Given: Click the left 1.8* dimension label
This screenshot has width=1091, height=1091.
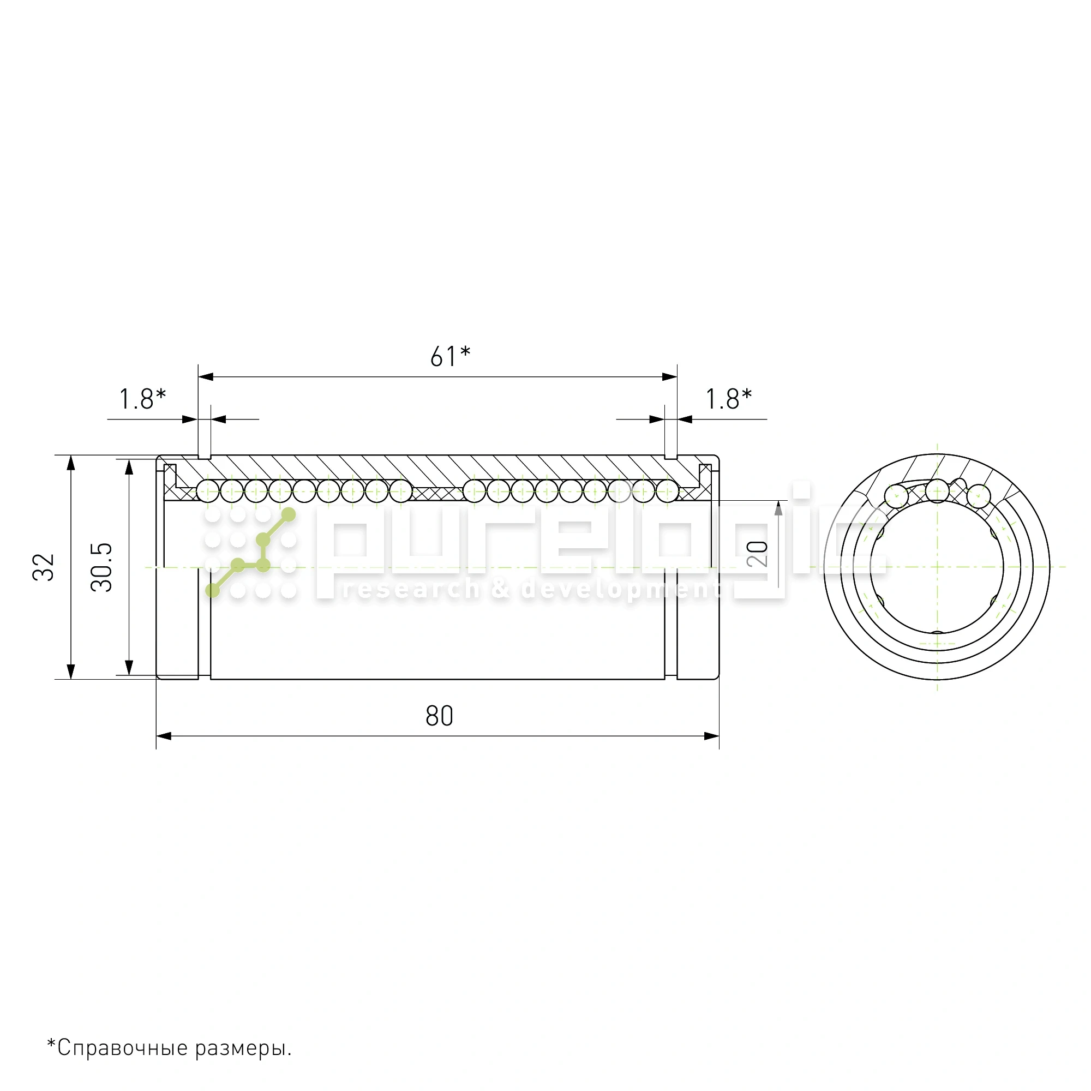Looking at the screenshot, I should coord(142,399).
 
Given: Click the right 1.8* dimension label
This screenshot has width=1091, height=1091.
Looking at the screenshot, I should coord(728,399).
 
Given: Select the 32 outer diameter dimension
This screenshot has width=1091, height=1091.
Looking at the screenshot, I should coord(44,567).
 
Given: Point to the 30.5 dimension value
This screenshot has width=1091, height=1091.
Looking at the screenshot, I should coord(101,567).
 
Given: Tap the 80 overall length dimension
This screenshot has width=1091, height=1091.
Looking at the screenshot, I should coord(439,716).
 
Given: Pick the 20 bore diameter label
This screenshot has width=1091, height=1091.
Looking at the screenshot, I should coord(757,553).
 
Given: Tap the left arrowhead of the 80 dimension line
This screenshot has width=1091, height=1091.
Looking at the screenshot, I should coord(164,736).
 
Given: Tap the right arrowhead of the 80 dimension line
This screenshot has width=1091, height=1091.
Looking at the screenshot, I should coord(711,736).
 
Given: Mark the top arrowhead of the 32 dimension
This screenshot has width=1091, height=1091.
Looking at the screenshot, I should coord(70,463).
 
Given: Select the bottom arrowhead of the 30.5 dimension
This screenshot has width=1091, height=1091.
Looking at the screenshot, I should coord(129,668).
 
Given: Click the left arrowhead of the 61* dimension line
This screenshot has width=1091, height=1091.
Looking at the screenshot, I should coord(206,376).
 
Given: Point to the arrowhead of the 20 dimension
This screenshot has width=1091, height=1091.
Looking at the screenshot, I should coord(778,508).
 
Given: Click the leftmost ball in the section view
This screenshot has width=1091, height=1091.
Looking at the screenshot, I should coord(208,491).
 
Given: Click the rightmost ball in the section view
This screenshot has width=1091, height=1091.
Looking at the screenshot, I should coord(667,491).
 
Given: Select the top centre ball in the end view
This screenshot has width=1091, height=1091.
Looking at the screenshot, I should coord(937,490).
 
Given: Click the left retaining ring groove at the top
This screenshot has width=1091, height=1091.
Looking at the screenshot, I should coord(205,456).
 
